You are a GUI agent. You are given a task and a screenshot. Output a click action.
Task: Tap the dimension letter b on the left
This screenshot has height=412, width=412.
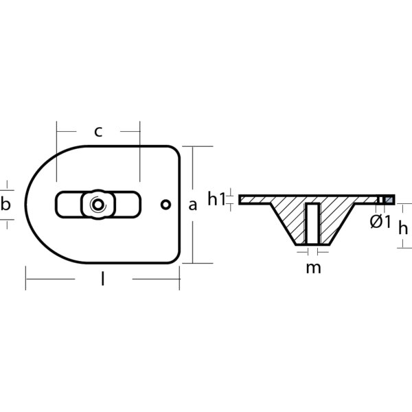click(6, 204)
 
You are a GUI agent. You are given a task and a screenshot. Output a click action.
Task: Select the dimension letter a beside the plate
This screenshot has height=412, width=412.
click(192, 204)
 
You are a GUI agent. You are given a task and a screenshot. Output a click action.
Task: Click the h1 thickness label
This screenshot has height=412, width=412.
click(217, 199)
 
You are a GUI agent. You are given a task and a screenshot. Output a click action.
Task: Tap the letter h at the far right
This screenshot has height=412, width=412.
click(403, 229)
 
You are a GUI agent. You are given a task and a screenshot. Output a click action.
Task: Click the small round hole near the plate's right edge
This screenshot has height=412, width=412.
click(165, 204)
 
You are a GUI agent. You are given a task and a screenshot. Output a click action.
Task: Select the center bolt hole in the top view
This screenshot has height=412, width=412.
click(96, 204)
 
